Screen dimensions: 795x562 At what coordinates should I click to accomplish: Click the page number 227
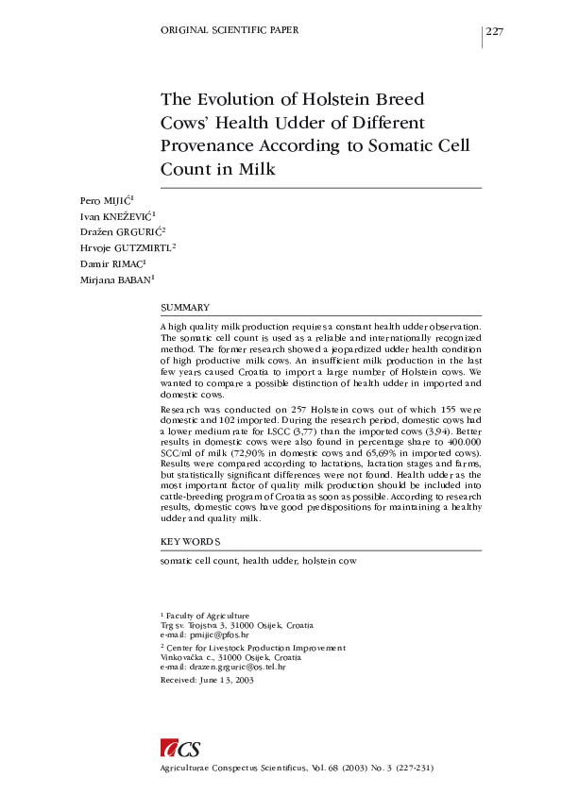(495, 32)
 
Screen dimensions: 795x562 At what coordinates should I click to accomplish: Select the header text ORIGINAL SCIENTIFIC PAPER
(230, 30)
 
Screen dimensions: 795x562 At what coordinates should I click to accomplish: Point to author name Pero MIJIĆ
(105, 201)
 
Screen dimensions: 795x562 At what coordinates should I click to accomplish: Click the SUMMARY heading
(185, 308)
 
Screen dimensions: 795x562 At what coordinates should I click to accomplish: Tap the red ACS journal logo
(180, 749)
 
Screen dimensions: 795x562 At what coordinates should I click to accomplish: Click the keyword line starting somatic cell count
(258, 561)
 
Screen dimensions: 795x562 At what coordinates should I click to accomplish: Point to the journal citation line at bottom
(298, 768)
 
